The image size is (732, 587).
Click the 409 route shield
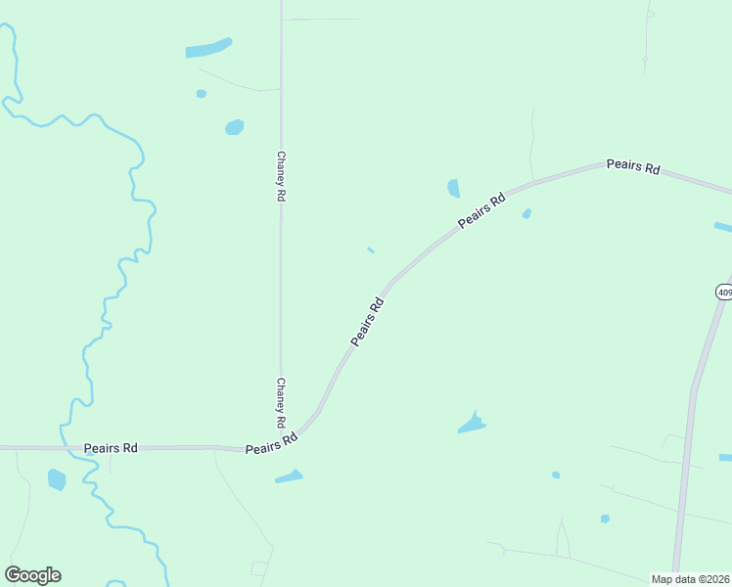(723, 292)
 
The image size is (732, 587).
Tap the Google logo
(33, 575)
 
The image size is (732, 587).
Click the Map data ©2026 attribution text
(690, 579)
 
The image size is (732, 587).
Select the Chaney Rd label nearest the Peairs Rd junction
(281, 403)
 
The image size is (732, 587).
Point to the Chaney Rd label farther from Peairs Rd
(281, 176)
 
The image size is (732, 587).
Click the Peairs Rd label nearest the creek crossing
(111, 448)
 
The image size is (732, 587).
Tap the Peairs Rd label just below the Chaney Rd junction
(271, 443)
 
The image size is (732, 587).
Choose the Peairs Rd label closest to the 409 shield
(633, 166)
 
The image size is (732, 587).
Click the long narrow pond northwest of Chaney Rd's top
(208, 48)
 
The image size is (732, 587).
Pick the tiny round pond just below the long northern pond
(202, 94)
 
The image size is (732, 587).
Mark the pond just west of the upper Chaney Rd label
(235, 127)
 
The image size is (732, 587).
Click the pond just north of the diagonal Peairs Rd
(453, 188)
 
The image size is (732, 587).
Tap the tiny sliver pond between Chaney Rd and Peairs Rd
(371, 250)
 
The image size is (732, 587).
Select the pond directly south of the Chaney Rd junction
(290, 476)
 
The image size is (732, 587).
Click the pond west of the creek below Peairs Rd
(57, 479)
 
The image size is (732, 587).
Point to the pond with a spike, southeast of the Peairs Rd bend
(472, 425)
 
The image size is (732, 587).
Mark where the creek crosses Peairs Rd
(78, 448)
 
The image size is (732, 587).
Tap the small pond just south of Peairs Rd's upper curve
(526, 213)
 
